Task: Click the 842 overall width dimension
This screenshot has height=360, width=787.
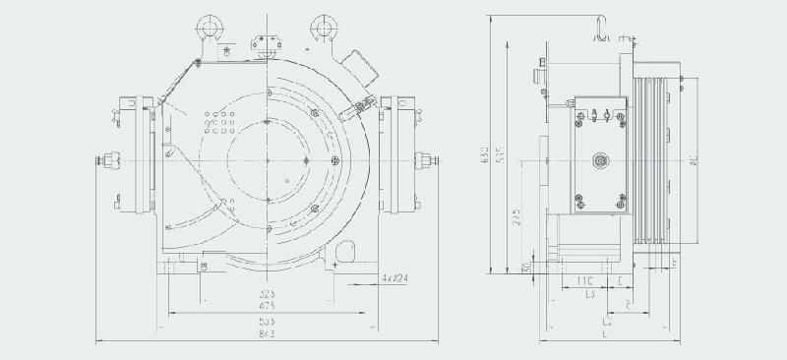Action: click(x=267, y=334)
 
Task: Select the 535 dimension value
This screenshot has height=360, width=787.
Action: click(x=267, y=321)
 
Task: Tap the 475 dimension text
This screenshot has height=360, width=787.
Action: click(x=267, y=307)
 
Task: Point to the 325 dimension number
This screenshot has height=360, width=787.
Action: click(x=267, y=294)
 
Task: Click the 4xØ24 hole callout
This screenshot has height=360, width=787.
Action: click(x=395, y=279)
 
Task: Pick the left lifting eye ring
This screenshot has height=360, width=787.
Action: click(x=210, y=24)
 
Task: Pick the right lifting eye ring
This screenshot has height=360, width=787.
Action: click(x=324, y=24)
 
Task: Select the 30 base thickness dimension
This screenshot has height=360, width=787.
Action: click(x=527, y=267)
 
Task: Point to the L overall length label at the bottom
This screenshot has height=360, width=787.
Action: click(x=604, y=335)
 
